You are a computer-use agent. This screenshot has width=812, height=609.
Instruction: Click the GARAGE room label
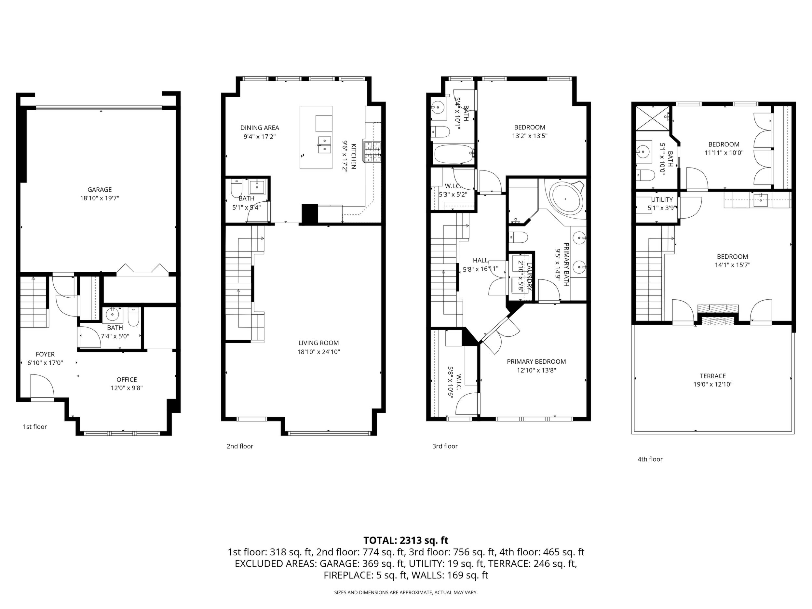100,190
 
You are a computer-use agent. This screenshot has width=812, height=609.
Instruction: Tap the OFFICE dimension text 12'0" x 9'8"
127,388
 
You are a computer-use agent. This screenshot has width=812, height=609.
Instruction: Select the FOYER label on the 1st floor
45,354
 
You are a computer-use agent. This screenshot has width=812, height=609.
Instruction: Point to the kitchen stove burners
373,152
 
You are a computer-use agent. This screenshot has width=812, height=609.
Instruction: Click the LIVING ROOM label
318,343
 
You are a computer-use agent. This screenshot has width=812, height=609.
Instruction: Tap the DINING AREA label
260,128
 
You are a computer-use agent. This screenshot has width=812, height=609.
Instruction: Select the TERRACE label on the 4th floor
713,376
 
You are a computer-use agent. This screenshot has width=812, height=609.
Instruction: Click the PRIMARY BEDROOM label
536,361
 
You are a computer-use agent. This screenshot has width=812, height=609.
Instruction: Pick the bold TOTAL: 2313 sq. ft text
406,540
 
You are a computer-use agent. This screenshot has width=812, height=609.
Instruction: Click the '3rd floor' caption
445,446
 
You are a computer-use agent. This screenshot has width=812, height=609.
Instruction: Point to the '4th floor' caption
650,459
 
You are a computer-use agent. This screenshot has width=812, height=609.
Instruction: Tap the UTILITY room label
662,200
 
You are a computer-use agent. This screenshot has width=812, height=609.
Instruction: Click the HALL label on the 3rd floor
480,261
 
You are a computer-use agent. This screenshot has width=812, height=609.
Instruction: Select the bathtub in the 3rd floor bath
454,154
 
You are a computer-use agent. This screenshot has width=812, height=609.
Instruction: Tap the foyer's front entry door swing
42,386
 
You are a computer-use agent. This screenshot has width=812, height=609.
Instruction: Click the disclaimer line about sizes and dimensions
406,592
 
